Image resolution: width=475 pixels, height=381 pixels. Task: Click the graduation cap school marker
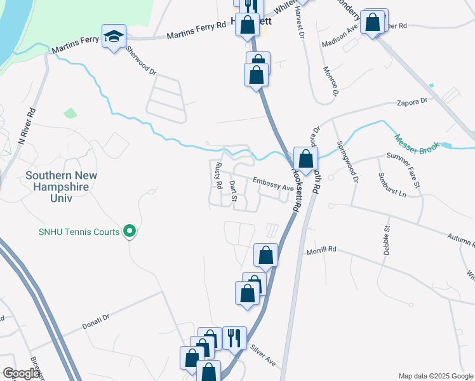point(114,37)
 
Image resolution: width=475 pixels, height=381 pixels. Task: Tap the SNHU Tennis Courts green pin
point(130,232)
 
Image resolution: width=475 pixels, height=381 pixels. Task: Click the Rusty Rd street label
point(218,176)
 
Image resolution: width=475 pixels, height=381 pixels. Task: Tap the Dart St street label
point(233,192)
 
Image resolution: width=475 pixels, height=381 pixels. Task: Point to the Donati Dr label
point(96,321)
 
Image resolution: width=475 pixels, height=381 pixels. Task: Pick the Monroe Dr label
point(329,81)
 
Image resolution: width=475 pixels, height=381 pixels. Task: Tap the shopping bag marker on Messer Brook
point(305,159)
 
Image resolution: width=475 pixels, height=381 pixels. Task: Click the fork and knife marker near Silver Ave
point(234,338)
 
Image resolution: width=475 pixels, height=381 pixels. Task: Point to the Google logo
point(21,374)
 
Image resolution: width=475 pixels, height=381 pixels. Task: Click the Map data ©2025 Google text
point(436,376)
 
